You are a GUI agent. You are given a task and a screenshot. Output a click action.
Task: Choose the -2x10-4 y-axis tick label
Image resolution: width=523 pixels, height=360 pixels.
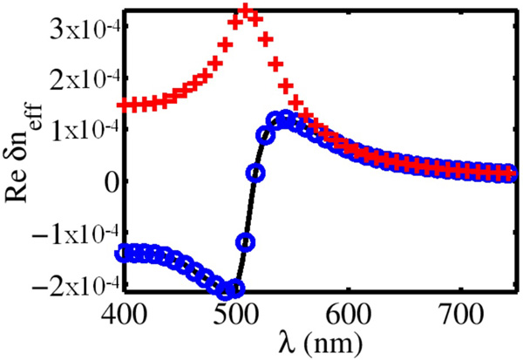pos(76,285)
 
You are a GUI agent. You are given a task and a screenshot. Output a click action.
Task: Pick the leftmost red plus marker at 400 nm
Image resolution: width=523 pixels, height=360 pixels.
pos(124,105)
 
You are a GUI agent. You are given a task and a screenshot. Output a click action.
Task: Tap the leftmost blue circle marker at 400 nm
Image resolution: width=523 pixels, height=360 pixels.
pos(124,253)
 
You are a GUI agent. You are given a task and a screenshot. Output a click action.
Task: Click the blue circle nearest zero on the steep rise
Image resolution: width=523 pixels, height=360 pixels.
pos(255,173)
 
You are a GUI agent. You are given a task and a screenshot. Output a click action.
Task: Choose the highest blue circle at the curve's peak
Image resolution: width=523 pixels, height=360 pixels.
pos(285,118)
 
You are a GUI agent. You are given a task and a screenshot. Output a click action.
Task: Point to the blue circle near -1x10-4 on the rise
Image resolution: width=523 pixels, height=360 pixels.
pos(246,241)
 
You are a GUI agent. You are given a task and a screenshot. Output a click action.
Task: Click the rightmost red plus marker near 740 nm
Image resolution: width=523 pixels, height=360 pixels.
pos(510,175)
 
